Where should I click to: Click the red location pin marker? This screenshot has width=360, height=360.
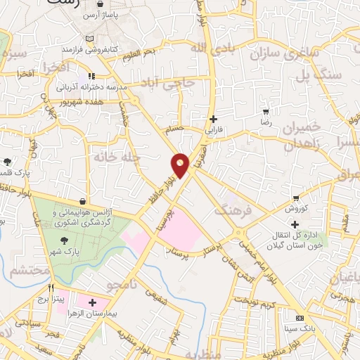coord(180,165)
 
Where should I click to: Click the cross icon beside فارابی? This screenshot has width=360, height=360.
coord(213,120)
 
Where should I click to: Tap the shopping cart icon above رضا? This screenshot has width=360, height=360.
coord(265,111)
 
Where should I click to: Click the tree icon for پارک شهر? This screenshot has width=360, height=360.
coord(64,240)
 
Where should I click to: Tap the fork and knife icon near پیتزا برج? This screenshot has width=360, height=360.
coord(51,288)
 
